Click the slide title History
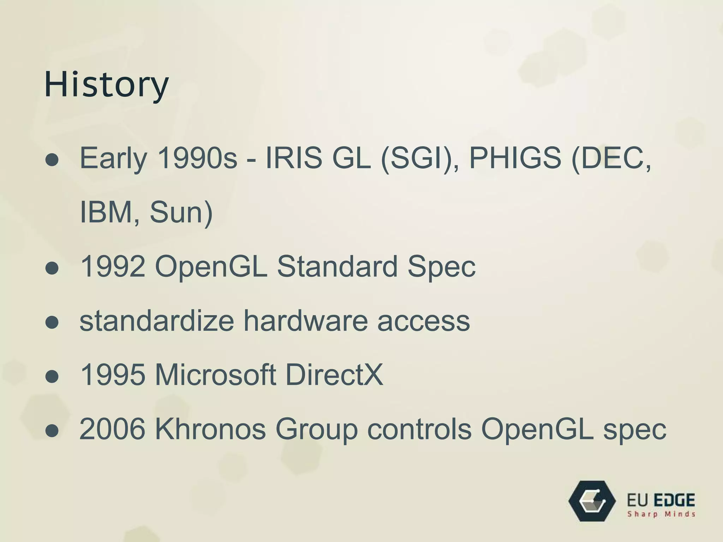[106, 85]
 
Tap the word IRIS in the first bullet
[293, 157]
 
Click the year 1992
[113, 266]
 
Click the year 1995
[113, 375]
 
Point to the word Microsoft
[215, 375]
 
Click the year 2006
[113, 429]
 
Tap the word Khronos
[210, 429]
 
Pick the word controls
[419, 429]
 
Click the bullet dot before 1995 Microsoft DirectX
[52, 377]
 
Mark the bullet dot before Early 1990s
[52, 160]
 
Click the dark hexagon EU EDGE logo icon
[592, 501]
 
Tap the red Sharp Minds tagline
[661, 514]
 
